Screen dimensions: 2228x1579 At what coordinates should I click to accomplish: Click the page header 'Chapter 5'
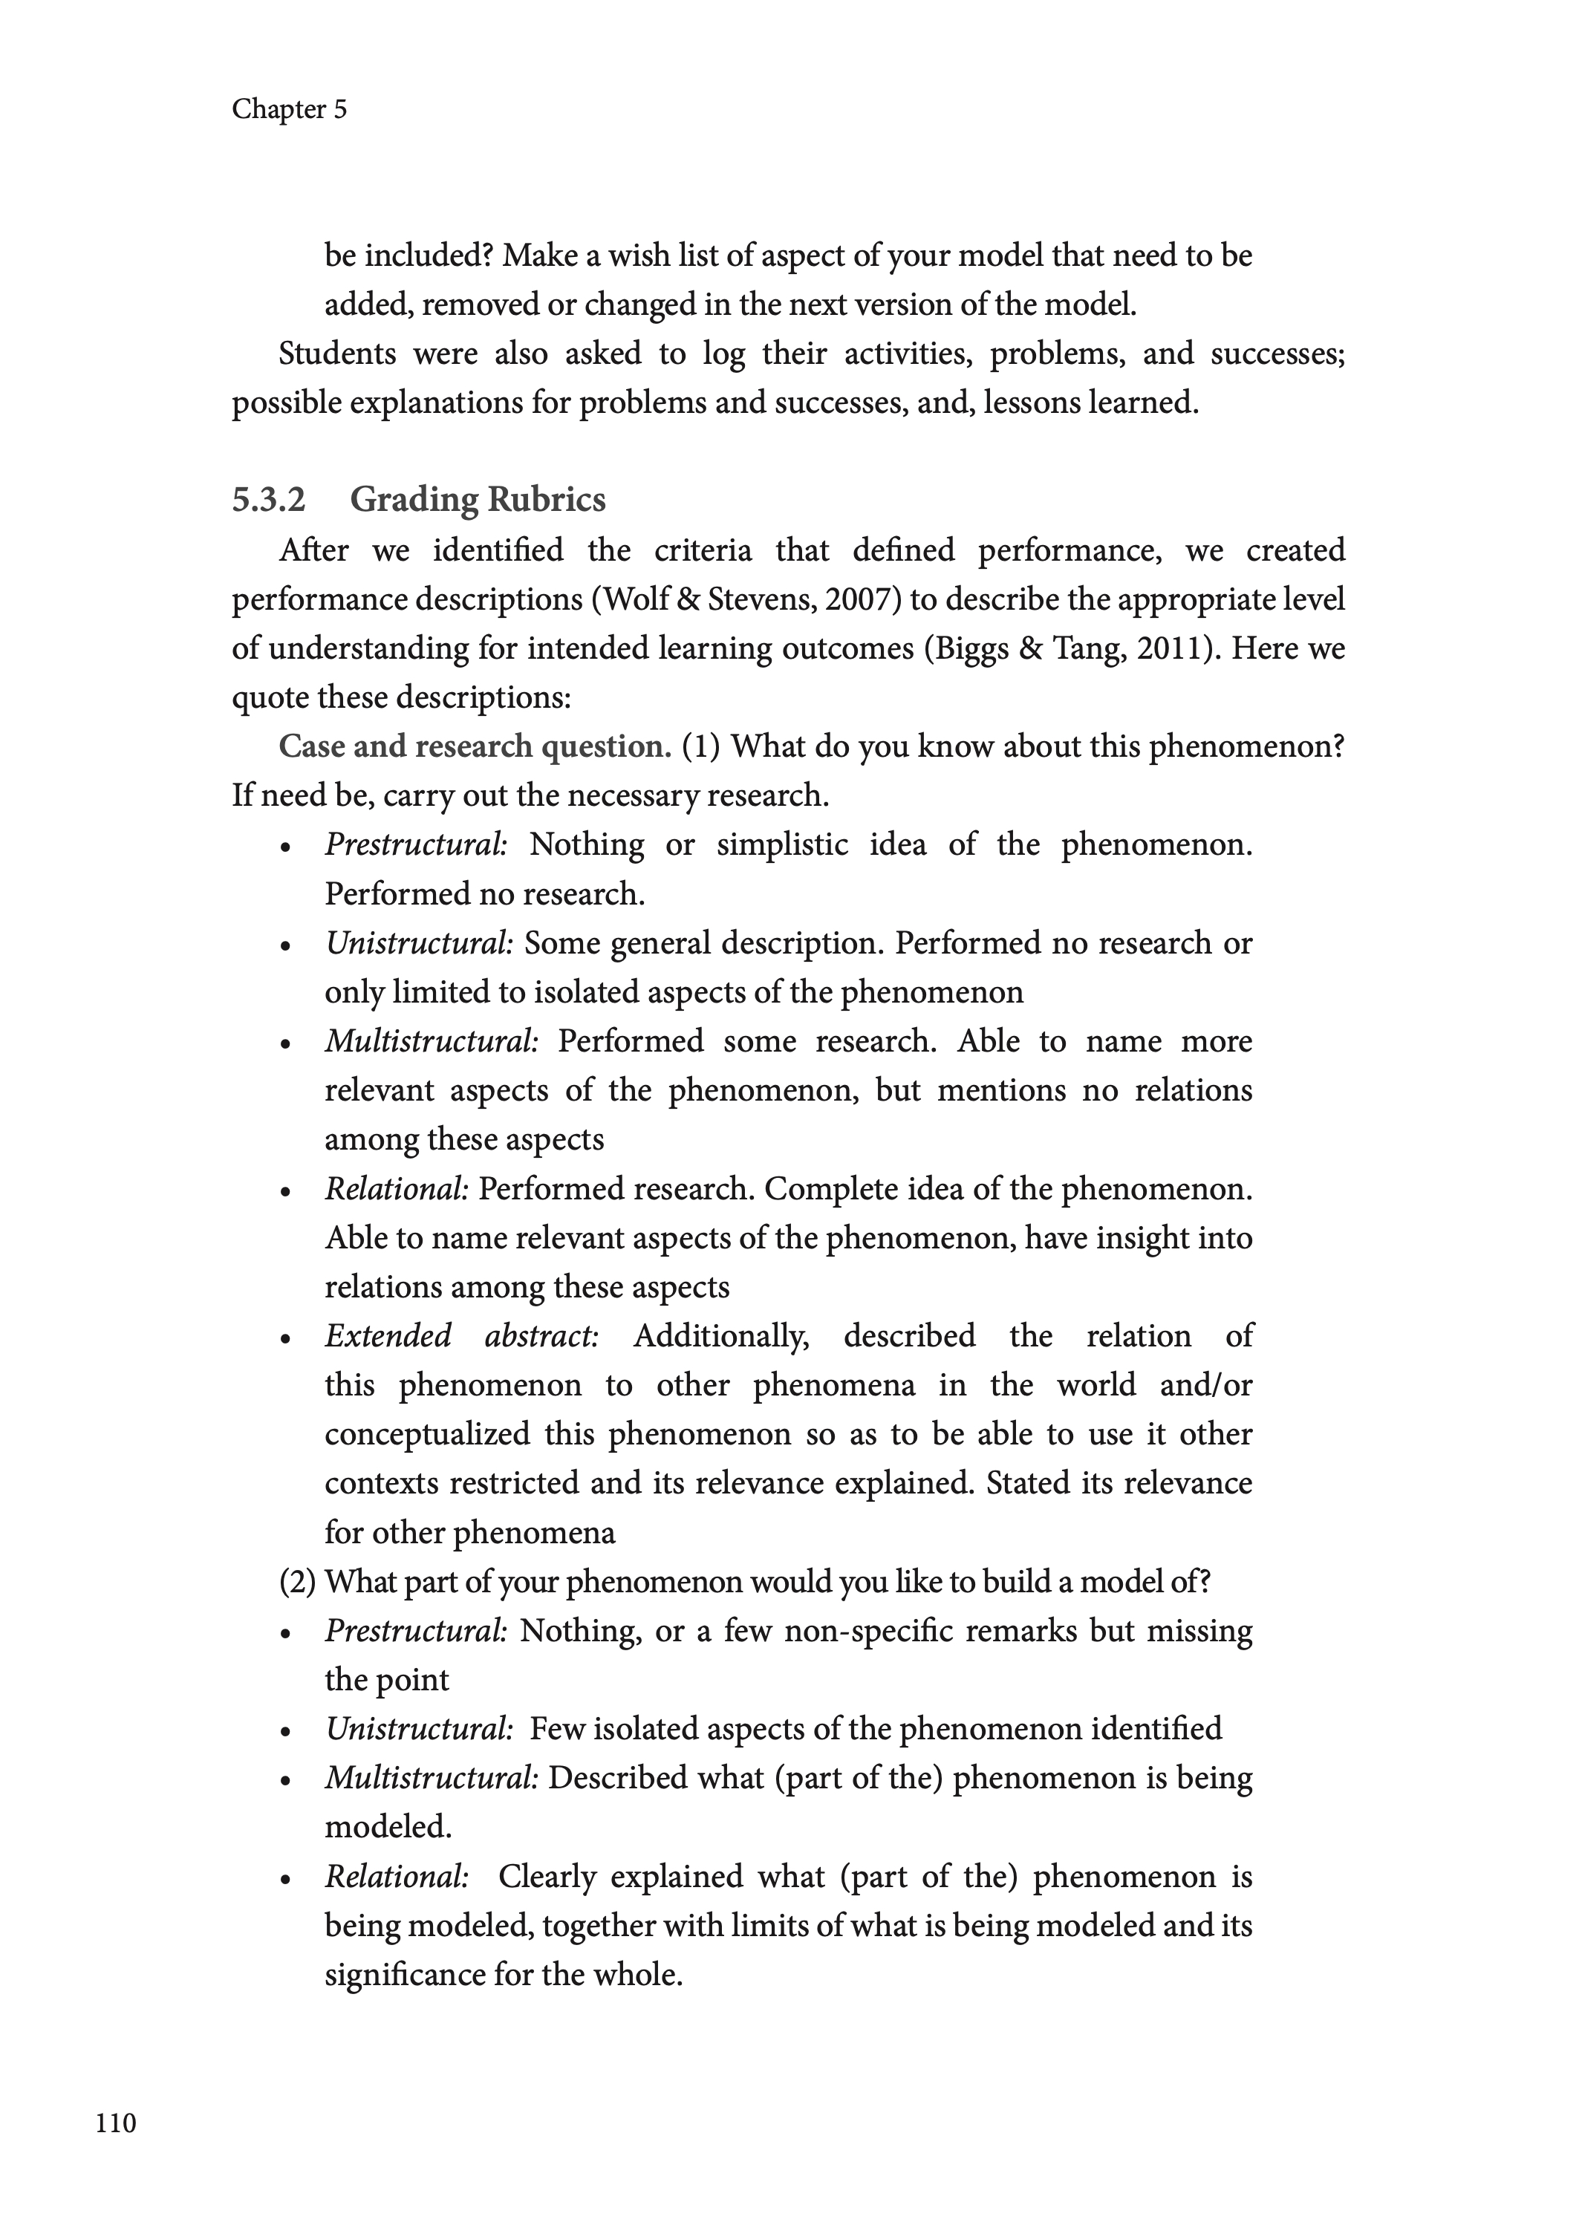289,109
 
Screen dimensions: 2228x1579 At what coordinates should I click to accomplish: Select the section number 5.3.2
268,500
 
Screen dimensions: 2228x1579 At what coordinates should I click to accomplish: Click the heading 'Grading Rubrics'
478,500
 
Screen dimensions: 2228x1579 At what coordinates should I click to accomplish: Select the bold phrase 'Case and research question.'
475,746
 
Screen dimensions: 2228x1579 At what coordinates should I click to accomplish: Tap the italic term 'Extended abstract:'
462,1335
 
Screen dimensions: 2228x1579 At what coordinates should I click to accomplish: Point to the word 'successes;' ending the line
1277,354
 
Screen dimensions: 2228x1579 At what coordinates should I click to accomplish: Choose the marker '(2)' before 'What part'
298,1582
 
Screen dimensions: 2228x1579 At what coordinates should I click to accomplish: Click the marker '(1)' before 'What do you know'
701,746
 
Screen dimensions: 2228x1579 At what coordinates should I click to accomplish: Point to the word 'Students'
337,354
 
